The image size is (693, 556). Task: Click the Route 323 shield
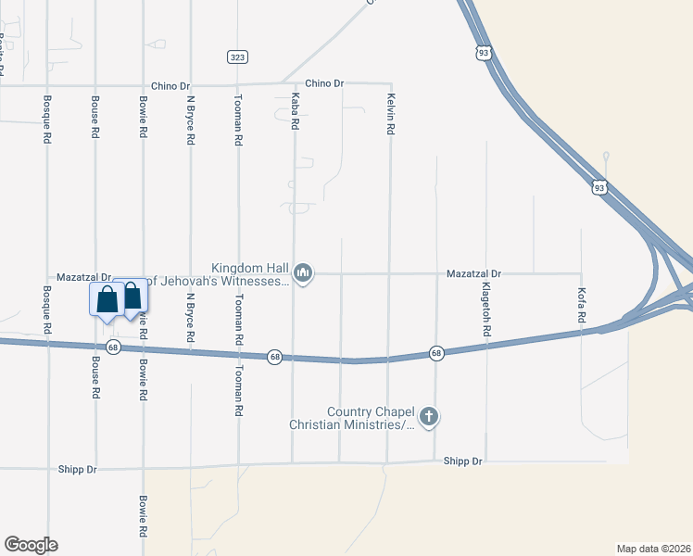click(x=237, y=57)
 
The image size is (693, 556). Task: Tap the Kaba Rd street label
click(x=296, y=110)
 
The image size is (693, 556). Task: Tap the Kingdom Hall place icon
click(x=303, y=273)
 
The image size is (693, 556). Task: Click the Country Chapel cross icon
click(x=428, y=417)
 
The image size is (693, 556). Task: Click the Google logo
click(x=31, y=545)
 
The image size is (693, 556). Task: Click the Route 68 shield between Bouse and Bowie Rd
click(x=113, y=347)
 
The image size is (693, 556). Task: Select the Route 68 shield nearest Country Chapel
click(x=436, y=353)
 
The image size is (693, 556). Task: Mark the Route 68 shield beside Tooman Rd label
click(x=274, y=357)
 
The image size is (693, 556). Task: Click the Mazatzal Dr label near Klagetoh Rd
click(x=472, y=274)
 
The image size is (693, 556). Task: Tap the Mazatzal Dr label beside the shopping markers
click(x=83, y=277)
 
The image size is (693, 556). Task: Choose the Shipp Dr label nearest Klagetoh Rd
click(x=462, y=461)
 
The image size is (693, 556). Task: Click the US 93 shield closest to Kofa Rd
click(x=600, y=187)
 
